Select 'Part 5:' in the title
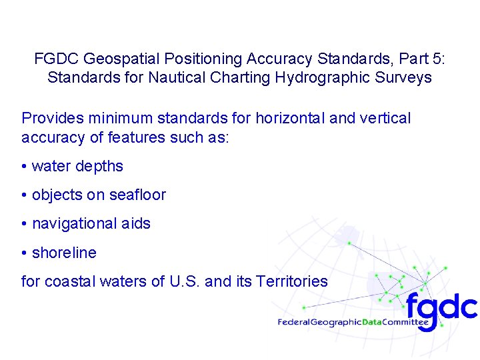421,59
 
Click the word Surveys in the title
403,77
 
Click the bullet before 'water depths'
24,167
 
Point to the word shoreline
64,253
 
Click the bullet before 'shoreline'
24,253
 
